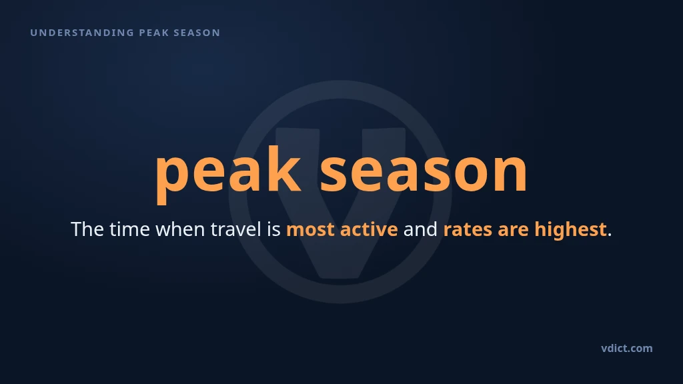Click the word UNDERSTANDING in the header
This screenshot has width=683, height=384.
coord(82,33)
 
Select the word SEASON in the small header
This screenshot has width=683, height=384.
coord(197,33)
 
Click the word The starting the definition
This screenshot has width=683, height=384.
coord(87,229)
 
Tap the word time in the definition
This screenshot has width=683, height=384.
coord(129,229)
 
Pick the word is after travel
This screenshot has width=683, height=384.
coord(273,229)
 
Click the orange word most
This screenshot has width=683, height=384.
coord(311,229)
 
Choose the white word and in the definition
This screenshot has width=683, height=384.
coord(420,229)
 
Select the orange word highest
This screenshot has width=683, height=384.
coord(571,230)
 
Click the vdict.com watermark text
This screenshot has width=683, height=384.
coord(627,348)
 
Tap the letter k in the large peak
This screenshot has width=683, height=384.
coord(284,169)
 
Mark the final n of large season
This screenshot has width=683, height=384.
coord(511,171)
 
